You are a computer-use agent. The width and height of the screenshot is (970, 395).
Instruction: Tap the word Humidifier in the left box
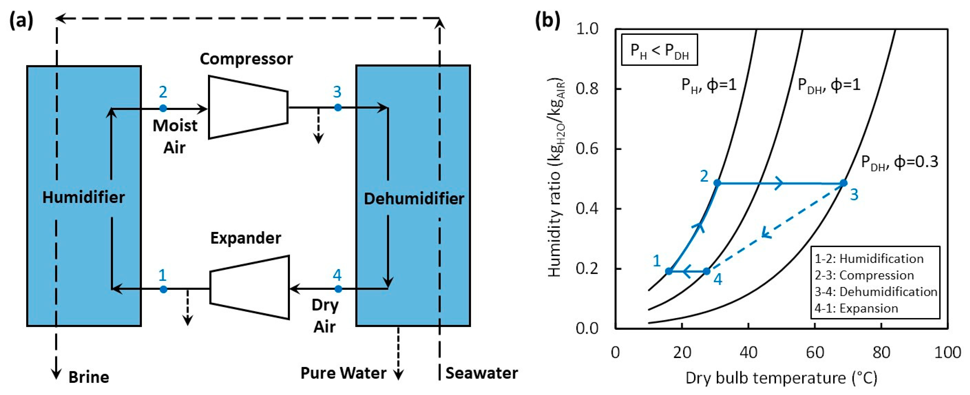[83, 197]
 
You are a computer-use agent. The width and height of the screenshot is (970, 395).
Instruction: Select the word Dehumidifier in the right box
[414, 199]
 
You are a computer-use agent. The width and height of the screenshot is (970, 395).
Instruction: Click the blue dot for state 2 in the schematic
[163, 109]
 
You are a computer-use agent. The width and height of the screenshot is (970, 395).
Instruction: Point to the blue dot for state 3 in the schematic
[338, 108]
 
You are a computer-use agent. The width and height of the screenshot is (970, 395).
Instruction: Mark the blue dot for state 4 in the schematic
[338, 289]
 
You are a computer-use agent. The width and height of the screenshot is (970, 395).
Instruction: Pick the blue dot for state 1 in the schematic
[163, 289]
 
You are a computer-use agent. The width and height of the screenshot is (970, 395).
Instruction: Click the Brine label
[89, 377]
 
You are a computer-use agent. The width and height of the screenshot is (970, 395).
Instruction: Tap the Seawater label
[481, 373]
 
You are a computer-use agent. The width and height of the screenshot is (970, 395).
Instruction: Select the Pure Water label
[343, 373]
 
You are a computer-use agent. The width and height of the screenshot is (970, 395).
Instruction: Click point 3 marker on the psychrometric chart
[843, 183]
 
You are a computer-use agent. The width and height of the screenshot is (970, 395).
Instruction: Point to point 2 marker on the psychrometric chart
[717, 183]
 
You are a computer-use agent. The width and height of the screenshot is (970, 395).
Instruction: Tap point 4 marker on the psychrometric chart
[707, 271]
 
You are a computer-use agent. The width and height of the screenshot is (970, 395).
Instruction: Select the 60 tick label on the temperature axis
[815, 352]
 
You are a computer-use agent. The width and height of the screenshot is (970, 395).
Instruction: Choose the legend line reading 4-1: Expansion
[856, 308]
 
